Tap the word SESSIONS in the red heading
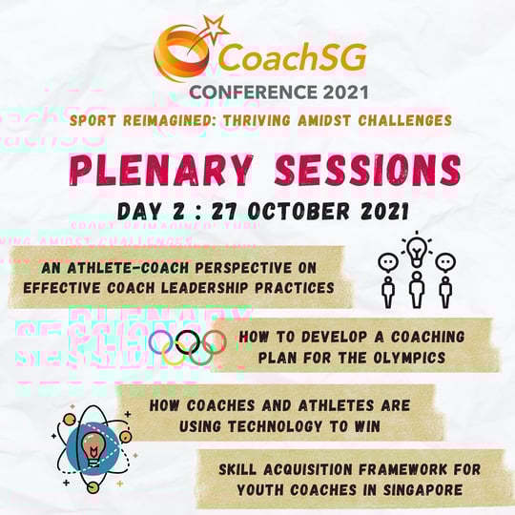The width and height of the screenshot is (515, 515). pyautogui.click(x=360, y=171)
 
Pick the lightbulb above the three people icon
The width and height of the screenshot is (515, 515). pyautogui.click(x=417, y=247)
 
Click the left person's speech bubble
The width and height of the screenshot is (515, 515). pyautogui.click(x=387, y=261)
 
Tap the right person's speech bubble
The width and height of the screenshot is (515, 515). pyautogui.click(x=445, y=261)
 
